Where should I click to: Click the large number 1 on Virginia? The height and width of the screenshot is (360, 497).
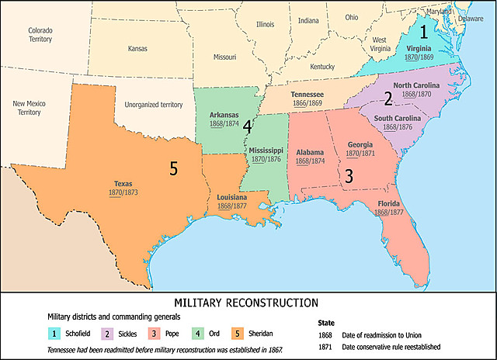tap(423, 33)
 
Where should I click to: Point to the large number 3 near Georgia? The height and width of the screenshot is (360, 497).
tap(349, 177)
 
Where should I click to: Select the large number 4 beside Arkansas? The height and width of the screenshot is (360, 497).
tap(247, 125)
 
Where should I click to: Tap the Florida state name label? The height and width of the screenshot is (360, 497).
tap(389, 204)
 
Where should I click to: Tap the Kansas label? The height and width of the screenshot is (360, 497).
tap(137, 49)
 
